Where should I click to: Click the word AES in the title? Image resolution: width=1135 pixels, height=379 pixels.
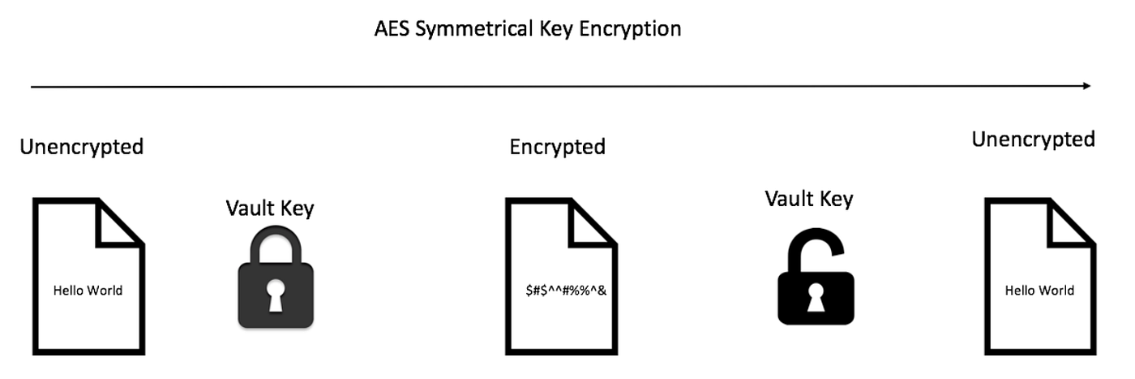[391, 29]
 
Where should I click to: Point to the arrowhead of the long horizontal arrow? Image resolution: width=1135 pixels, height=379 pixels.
[1086, 85]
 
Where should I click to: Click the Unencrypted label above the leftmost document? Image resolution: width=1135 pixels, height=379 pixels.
[81, 147]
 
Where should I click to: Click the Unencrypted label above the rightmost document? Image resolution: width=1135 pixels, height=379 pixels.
[1033, 140]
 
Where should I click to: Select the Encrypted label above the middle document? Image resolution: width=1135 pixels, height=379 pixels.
[557, 147]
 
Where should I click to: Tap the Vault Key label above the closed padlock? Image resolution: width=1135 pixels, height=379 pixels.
[269, 208]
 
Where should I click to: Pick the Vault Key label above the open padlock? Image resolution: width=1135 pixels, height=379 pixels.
[808, 198]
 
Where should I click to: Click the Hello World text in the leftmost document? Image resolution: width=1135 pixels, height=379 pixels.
[88, 290]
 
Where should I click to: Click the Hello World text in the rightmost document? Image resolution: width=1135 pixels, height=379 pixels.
[1039, 290]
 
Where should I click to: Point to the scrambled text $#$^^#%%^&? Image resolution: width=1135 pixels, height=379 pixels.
[566, 290]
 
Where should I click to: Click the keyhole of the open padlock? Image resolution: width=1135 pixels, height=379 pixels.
[815, 297]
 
